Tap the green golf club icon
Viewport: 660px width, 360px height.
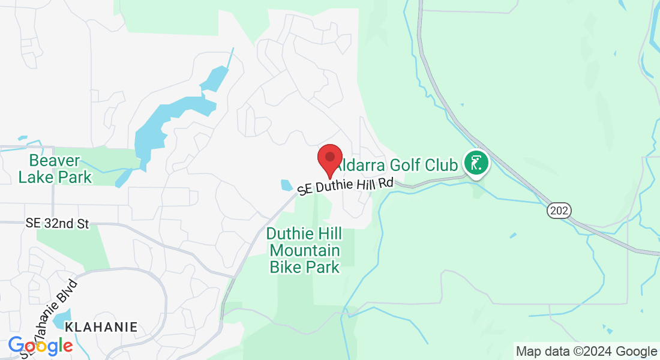point(476,163)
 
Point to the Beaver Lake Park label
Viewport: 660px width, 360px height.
point(55,169)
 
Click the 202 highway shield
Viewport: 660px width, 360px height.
point(558,210)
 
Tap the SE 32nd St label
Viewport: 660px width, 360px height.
point(58,223)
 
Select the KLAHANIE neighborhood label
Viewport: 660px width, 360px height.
point(101,327)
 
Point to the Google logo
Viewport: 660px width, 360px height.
point(40,346)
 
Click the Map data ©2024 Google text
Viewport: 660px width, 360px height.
point(586,351)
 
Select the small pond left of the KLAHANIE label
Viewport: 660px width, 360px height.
point(62,318)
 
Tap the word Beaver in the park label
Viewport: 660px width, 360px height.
point(55,160)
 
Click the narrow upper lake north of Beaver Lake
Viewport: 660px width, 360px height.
point(215,79)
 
